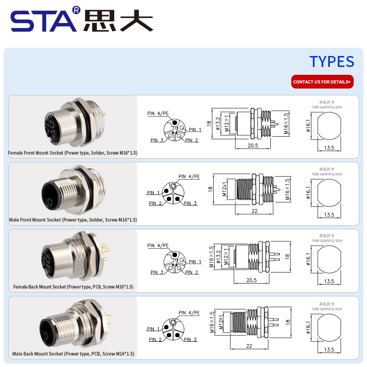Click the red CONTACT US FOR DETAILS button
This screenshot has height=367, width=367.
tap(323, 82)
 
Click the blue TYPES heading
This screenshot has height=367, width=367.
tap(332, 61)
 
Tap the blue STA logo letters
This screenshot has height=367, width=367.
tap(43, 21)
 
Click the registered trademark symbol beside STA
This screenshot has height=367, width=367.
tap(77, 10)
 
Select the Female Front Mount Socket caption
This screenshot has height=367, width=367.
tap(72, 153)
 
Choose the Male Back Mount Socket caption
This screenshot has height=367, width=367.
tap(73, 354)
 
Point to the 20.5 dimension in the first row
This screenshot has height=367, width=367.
tap(253, 145)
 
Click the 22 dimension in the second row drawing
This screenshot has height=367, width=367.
tap(255, 211)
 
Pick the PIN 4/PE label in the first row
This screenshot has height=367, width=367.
tap(158, 113)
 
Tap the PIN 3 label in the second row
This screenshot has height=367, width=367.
tap(190, 203)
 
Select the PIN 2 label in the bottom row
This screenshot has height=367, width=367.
tap(155, 339)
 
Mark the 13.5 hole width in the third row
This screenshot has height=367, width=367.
tap(329, 281)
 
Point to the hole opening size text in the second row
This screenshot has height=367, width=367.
tap(327, 174)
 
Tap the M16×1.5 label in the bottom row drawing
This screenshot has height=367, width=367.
tap(212, 322)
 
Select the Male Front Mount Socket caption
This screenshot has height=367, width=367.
tap(73, 220)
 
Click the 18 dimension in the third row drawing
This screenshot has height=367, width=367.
tap(288, 256)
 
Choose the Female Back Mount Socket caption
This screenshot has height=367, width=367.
tap(73, 287)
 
